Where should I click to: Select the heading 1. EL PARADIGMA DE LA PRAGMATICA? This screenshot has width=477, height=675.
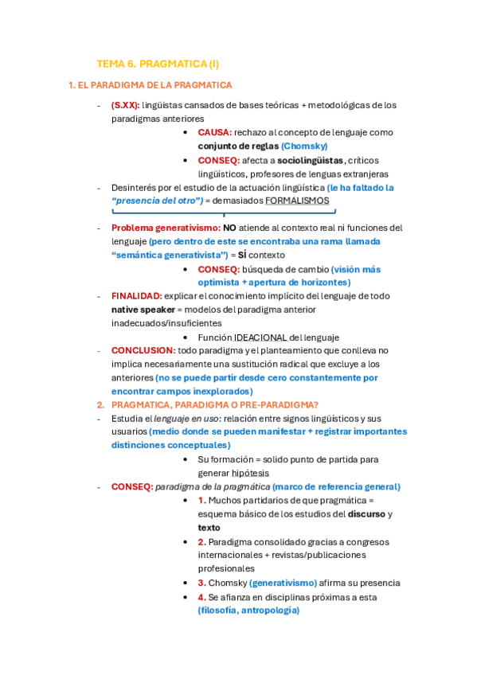click(x=150, y=84)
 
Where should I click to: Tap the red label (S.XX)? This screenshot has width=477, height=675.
click(x=125, y=105)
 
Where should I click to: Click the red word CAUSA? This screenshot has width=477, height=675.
click(x=215, y=132)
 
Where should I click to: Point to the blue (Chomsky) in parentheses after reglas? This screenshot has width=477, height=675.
click(x=304, y=146)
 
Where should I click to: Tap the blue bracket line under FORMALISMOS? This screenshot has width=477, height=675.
click(x=224, y=213)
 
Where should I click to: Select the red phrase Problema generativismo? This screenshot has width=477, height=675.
click(x=166, y=228)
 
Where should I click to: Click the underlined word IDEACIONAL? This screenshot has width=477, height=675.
click(x=260, y=337)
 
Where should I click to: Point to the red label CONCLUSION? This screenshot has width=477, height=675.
click(x=143, y=350)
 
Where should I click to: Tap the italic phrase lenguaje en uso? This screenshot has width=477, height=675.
click(x=189, y=419)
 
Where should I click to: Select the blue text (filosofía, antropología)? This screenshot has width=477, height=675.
click(x=248, y=611)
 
